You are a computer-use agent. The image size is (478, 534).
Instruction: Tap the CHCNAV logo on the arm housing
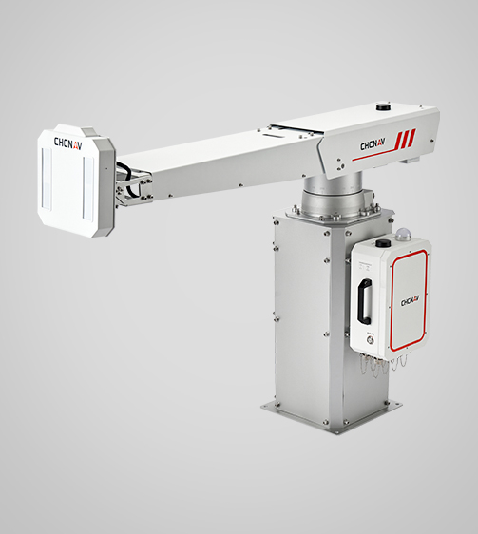(x=372, y=145)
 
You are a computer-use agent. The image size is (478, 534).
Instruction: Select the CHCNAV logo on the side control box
(x=409, y=302)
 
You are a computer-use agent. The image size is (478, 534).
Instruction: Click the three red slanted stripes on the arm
(x=407, y=137)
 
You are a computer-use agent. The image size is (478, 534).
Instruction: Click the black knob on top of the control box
(x=382, y=243)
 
